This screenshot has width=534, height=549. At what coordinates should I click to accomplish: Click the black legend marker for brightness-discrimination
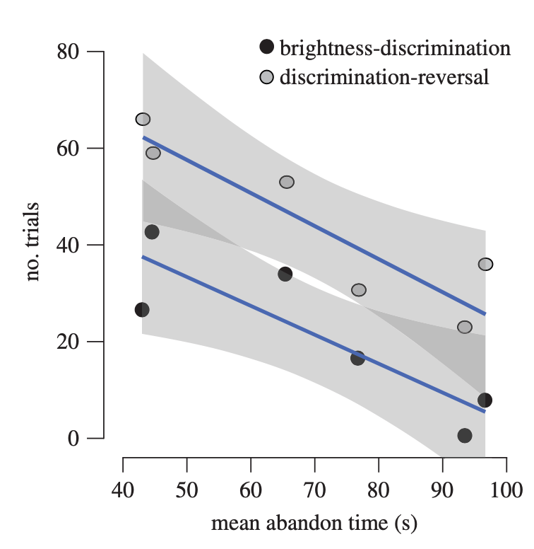(x=266, y=48)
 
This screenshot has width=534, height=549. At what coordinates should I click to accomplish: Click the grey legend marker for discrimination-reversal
(x=266, y=76)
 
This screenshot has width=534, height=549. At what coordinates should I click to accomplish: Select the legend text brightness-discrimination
(x=395, y=48)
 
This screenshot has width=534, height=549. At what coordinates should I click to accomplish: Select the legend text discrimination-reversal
(x=384, y=76)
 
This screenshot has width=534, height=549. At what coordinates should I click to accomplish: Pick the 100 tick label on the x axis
(x=506, y=490)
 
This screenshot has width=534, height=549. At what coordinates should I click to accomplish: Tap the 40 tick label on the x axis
(x=123, y=490)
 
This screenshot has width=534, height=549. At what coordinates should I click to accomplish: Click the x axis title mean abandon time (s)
(x=314, y=524)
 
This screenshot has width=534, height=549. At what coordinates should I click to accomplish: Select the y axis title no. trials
(x=32, y=242)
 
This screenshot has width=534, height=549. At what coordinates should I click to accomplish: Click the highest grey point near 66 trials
(x=143, y=119)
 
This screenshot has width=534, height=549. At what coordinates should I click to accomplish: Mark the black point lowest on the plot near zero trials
(x=464, y=435)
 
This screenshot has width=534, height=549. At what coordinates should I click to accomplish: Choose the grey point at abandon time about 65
(x=286, y=182)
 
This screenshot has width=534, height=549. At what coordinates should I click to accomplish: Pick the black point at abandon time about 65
(x=285, y=274)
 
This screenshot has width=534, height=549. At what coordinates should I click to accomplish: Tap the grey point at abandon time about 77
(x=359, y=289)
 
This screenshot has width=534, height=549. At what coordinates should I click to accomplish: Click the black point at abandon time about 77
(x=357, y=358)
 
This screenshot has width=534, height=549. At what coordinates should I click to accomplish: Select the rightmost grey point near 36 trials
(x=485, y=264)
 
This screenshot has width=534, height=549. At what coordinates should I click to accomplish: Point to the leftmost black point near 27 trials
(x=142, y=310)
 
